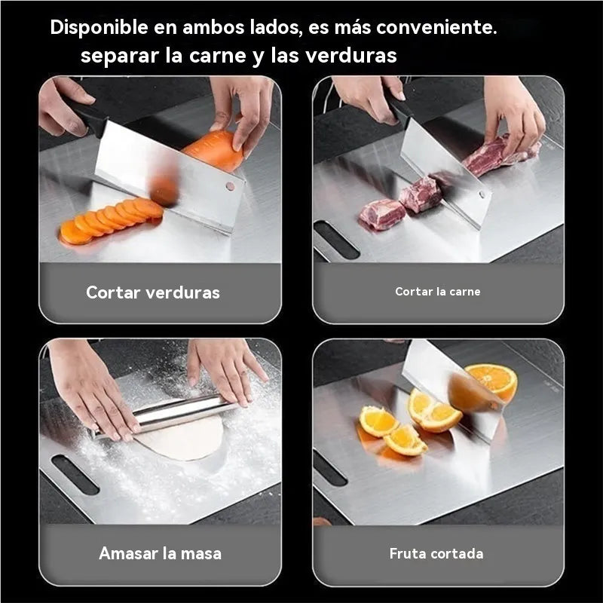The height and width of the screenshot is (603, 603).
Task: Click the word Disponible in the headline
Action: click(99, 28)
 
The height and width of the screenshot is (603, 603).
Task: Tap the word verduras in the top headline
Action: click(350, 55)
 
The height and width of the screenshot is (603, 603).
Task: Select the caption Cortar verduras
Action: click(153, 292)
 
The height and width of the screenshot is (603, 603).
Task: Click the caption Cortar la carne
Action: click(438, 292)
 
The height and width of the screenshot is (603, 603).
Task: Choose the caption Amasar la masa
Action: click(161, 553)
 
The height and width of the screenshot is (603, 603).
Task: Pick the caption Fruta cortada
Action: click(436, 553)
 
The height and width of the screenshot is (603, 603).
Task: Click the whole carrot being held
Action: click(215, 150)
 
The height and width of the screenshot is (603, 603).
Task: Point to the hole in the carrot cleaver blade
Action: click(230, 186)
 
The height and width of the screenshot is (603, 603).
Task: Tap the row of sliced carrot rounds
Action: click(112, 221)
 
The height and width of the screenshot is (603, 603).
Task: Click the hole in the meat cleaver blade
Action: click(482, 194)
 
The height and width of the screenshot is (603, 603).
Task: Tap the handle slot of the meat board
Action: click(336, 240)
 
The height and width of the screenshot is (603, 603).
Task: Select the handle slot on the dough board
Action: click(75, 475)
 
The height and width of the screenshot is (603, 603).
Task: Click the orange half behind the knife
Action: click(492, 381)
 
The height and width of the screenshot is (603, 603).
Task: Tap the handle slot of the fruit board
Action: click(330, 468)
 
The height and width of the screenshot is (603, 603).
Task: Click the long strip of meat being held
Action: click(500, 154)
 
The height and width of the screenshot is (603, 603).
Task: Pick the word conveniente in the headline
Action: click(436, 28)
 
